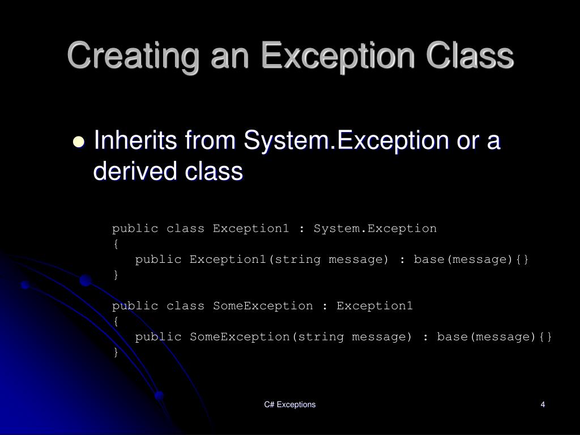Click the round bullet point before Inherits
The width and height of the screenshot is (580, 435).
(79, 142)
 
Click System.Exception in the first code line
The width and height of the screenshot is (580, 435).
(375, 229)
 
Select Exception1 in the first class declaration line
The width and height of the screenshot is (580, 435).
(250, 229)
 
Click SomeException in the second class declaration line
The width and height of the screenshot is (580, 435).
(262, 306)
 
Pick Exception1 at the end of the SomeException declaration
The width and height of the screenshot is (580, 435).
(374, 306)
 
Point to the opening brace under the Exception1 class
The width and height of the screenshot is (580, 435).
(116, 244)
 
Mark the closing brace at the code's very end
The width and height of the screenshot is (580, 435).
(116, 352)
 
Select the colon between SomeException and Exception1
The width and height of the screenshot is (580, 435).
(325, 306)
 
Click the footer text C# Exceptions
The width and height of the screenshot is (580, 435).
(289, 404)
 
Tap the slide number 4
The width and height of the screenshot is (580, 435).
(543, 404)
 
